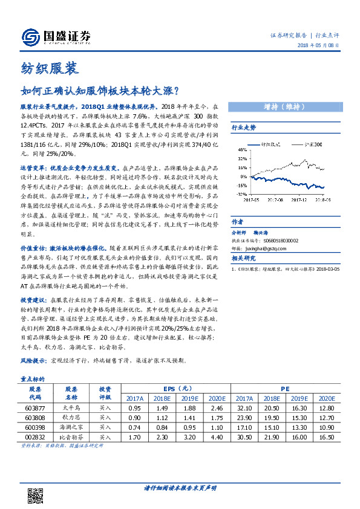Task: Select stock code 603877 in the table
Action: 34,409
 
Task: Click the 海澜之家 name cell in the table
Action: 71,426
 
